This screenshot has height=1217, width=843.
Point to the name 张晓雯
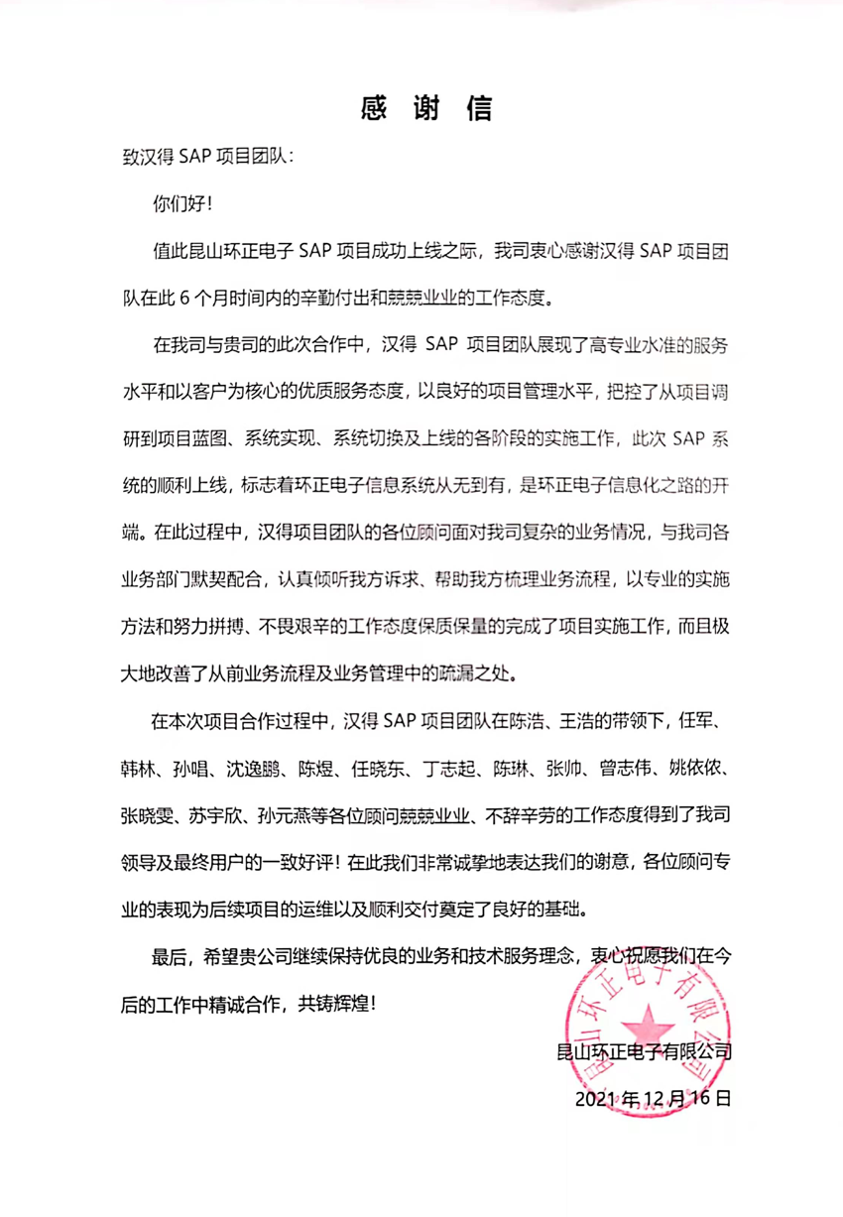click(x=143, y=815)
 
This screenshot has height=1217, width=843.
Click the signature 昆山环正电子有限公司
click(x=646, y=1049)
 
